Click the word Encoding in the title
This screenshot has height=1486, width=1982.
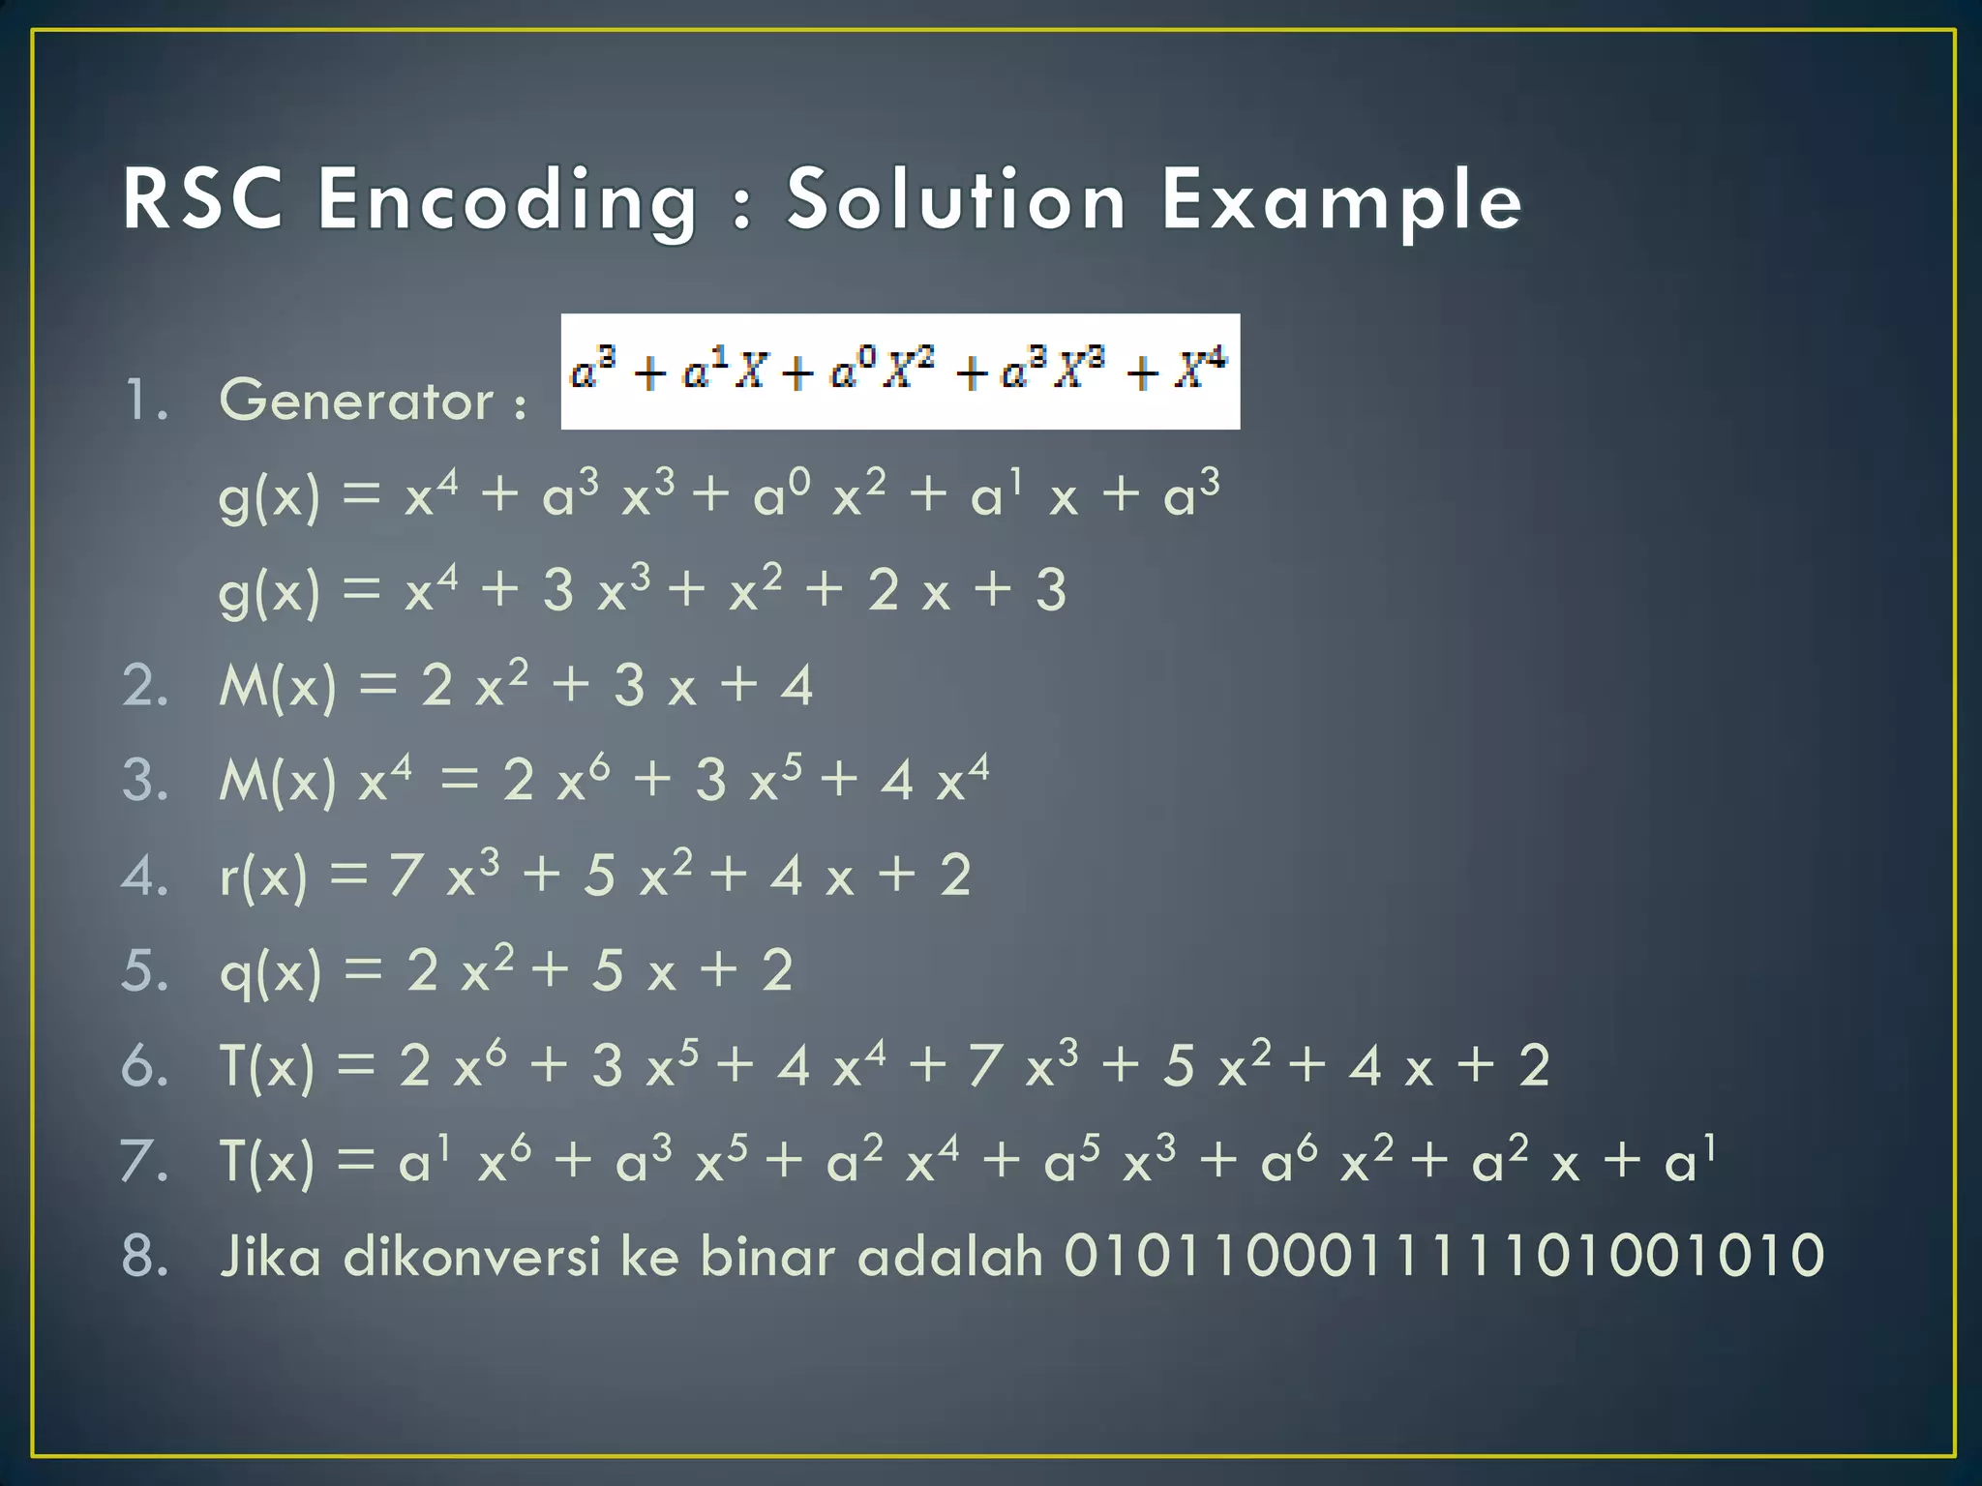pos(507,200)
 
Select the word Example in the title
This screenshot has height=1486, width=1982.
pos(1341,200)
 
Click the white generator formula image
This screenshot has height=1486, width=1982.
pos(900,371)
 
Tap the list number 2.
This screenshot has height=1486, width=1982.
pos(145,686)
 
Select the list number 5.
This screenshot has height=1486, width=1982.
pos(145,970)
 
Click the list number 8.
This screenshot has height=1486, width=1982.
pos(145,1255)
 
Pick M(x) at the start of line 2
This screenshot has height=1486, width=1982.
pos(278,686)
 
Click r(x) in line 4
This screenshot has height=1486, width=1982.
pos(263,877)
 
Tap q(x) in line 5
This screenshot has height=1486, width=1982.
pos(270,971)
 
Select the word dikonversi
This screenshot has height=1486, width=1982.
pos(472,1255)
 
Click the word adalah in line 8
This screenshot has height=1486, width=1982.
pos(950,1255)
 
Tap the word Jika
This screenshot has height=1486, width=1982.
pos(270,1255)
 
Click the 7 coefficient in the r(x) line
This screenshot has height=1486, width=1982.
pos(405,876)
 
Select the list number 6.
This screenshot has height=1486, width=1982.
pos(145,1065)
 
